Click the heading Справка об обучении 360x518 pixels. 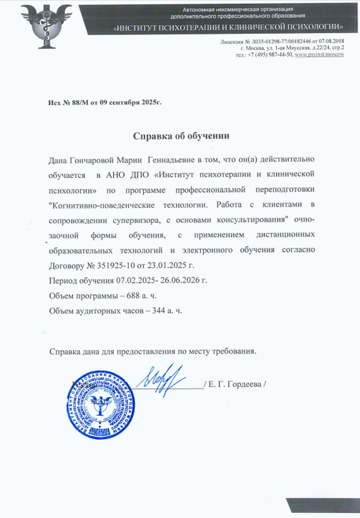coord(181,136)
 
